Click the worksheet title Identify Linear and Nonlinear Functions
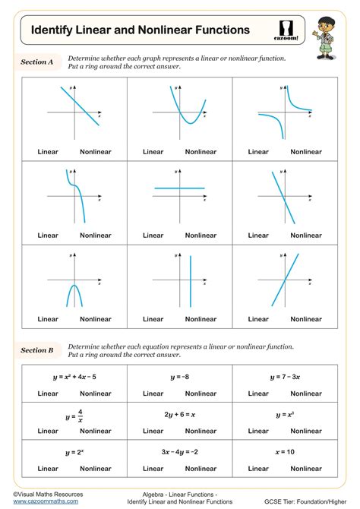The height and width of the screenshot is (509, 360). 140,30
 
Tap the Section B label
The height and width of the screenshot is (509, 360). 37,350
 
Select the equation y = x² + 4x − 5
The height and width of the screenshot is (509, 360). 74,377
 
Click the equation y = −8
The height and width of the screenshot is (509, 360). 180,377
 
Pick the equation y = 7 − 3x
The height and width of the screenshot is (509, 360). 285,377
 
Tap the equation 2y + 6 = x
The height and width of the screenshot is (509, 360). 180,415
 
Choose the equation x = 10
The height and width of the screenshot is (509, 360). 285,452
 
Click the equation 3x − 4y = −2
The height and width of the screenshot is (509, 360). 180,452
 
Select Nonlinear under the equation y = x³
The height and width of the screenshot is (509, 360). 306,431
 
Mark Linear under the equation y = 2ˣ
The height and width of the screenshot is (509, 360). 48,468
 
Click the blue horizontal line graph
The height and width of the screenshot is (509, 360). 179,188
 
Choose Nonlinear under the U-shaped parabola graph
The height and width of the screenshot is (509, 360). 201,152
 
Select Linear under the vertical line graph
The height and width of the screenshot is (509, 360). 153,319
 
